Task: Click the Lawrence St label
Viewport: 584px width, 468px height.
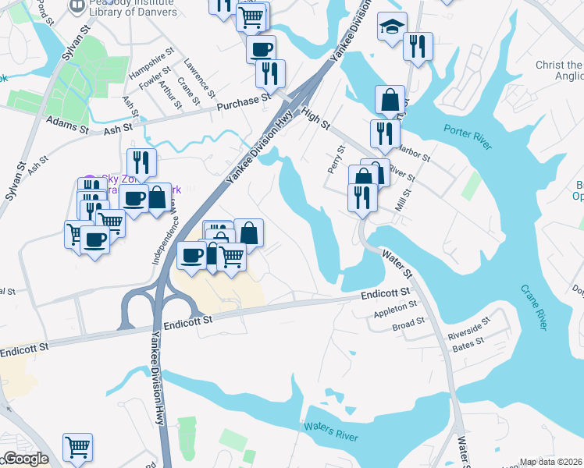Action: tap(201, 78)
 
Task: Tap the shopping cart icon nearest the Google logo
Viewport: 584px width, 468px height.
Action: tap(77, 447)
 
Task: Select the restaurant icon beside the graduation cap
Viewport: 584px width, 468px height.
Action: tap(418, 45)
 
